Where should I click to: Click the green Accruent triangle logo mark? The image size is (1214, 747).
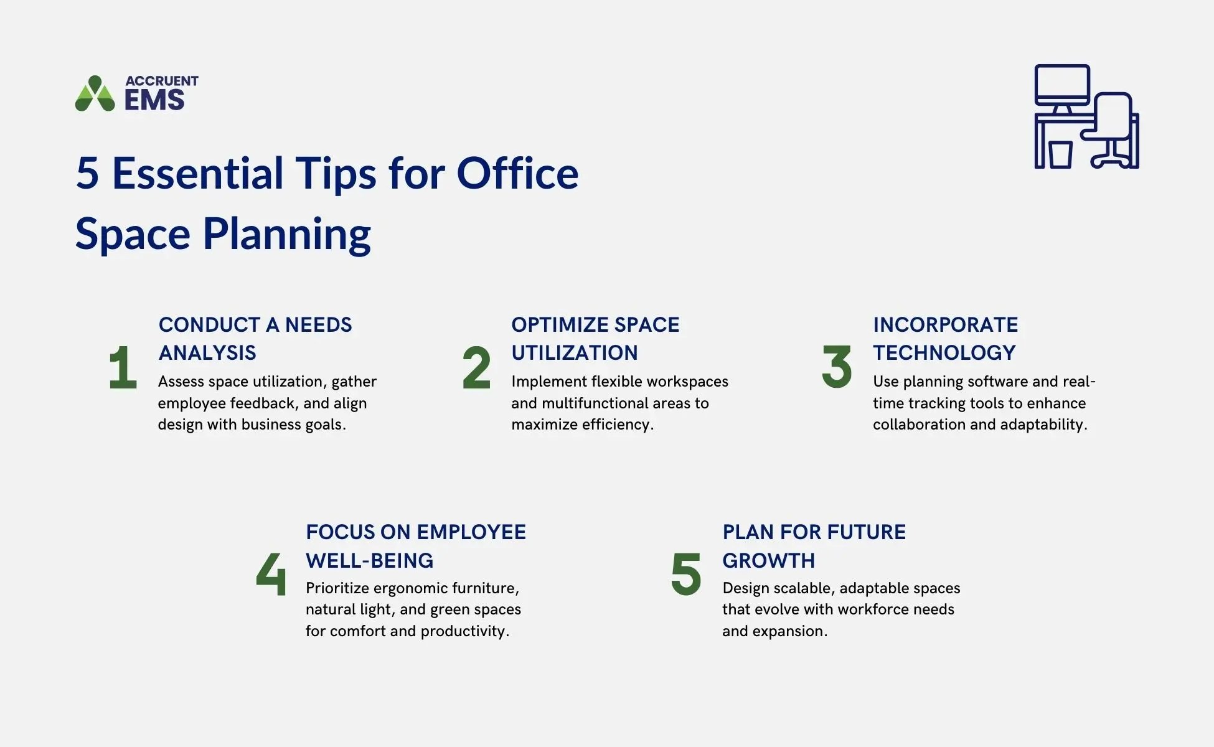(95, 94)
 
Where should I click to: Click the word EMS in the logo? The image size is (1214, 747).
(154, 100)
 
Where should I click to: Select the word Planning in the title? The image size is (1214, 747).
(286, 234)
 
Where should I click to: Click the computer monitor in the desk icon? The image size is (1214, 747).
(1061, 85)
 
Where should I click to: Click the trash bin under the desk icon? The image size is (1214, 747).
(1060, 154)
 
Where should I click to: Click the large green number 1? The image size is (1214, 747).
(123, 368)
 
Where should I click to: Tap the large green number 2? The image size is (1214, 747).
(476, 368)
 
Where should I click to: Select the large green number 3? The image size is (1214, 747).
(837, 367)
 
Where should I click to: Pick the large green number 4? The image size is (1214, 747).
(271, 574)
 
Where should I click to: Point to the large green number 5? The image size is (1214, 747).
(686, 574)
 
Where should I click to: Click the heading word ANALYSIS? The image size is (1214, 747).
(207, 353)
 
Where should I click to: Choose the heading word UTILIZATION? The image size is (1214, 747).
(574, 353)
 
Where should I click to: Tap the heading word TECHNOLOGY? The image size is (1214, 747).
(944, 353)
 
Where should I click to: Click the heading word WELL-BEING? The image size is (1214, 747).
(369, 560)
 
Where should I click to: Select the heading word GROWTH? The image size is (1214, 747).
(768, 560)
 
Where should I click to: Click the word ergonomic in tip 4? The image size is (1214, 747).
(410, 589)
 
